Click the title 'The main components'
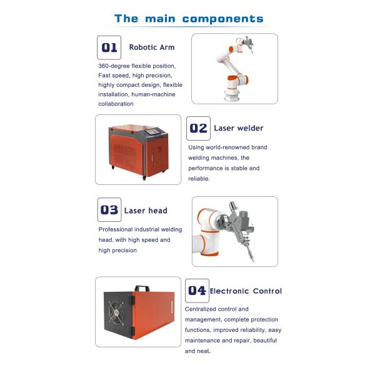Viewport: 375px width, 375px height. tap(188, 19)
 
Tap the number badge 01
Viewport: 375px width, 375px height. tap(109, 47)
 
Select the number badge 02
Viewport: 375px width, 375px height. tap(198, 128)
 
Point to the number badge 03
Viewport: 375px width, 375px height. tap(109, 210)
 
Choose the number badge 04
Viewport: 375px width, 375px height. tap(197, 291)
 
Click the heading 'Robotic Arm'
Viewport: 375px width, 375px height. tap(152, 47)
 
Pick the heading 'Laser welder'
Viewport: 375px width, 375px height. tap(239, 128)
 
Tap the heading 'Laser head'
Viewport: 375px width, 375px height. tap(146, 211)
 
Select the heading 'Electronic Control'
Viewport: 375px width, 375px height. tap(246, 291)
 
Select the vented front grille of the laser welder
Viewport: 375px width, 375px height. tap(127, 153)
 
